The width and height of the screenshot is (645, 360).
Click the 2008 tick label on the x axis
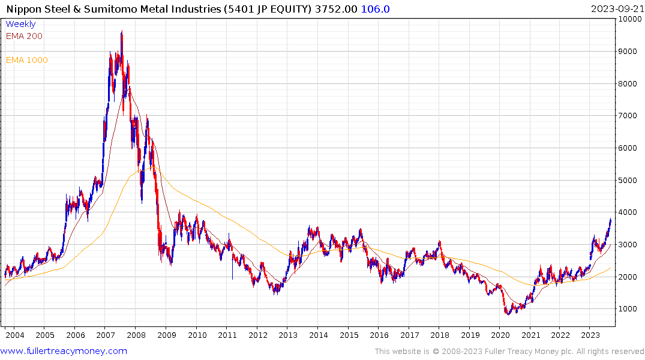(136, 335)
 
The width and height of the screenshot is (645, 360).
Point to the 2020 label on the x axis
(500, 335)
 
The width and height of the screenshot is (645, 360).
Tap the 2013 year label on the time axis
(288, 335)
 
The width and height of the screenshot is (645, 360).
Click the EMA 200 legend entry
(24, 36)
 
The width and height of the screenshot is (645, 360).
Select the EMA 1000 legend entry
(27, 60)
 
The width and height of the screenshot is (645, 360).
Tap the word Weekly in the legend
(20, 24)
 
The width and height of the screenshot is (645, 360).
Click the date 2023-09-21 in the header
(615, 9)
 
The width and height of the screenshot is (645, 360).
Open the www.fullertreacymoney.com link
(64, 351)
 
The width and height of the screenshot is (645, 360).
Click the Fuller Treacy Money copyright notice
(509, 351)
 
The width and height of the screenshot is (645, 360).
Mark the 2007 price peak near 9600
(122, 32)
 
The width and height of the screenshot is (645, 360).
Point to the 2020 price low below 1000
(508, 313)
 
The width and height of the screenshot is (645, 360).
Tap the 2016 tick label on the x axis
(379, 335)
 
